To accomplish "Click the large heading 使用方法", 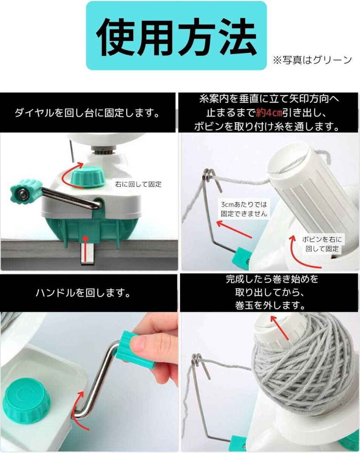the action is (x=176, y=37).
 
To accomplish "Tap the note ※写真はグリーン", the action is (x=312, y=60).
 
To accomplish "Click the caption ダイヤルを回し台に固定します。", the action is (x=87, y=113).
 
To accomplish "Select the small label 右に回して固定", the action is (x=138, y=184).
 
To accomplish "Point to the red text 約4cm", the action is (x=269, y=113).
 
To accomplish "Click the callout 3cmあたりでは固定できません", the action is (x=244, y=209).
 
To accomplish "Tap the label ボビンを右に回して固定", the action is (x=322, y=244).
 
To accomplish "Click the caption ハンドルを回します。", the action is (x=83, y=293).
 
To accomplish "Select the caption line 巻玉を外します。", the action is (x=270, y=305).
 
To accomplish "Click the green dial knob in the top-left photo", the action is (x=88, y=176).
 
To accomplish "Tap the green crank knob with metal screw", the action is (x=25, y=193).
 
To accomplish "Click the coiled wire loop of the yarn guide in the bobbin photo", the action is (x=208, y=173).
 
